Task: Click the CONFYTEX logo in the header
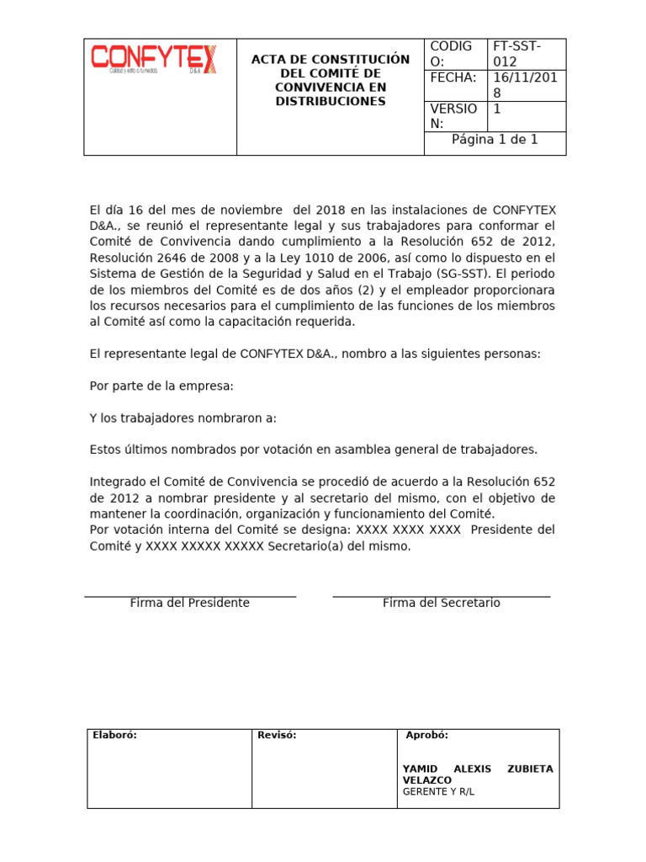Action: click(x=153, y=59)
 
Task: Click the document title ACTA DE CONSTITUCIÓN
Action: click(x=331, y=60)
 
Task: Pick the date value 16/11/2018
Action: click(x=527, y=86)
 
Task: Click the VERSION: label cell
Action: click(x=453, y=116)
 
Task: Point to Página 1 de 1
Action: click(x=495, y=140)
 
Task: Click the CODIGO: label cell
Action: click(x=452, y=54)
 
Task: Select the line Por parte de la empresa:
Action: click(x=161, y=386)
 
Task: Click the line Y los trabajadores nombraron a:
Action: click(x=183, y=418)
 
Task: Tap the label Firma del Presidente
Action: click(x=189, y=603)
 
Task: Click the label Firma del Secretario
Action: click(x=441, y=603)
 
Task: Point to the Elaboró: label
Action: click(x=114, y=735)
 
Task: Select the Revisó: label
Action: click(x=277, y=735)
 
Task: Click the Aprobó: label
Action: click(x=427, y=735)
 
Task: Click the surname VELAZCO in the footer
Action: click(x=427, y=780)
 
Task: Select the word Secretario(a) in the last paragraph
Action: click(x=310, y=546)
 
